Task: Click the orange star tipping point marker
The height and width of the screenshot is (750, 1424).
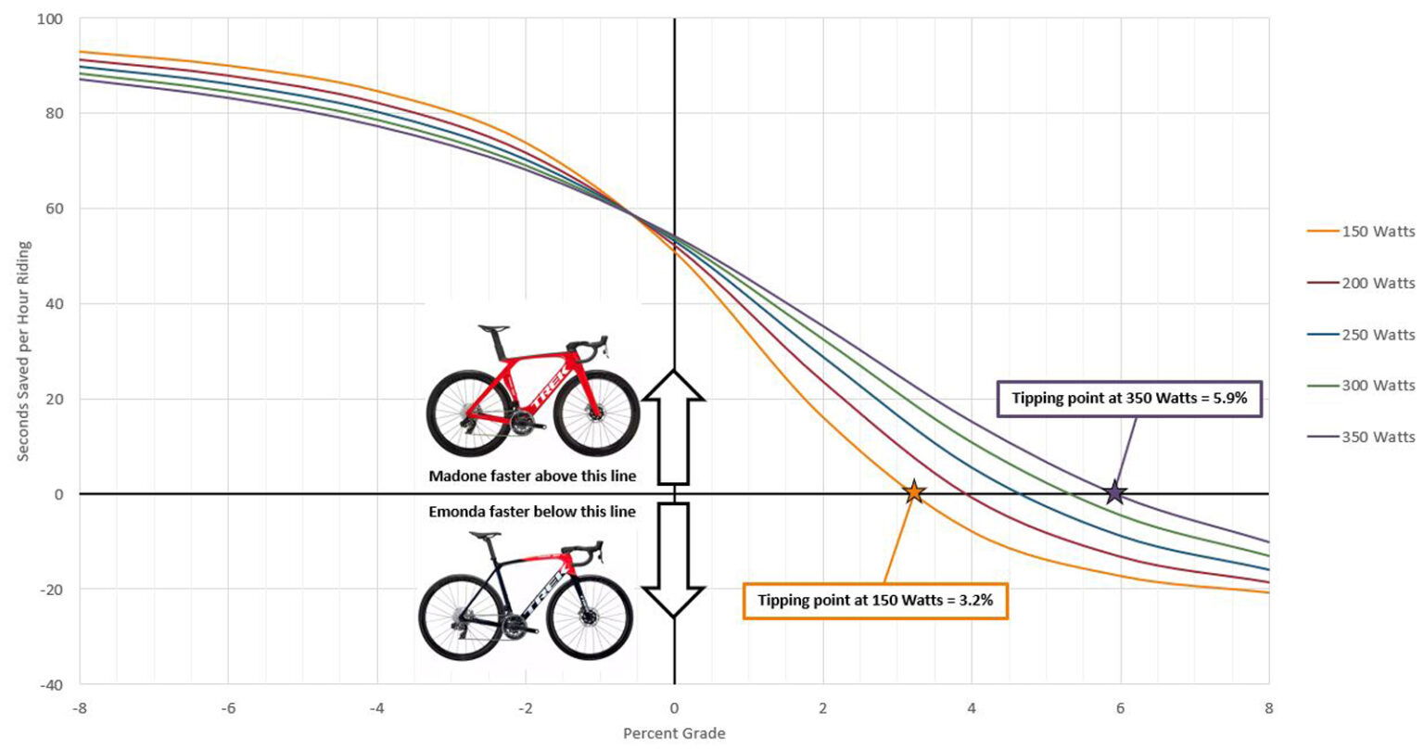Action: (x=913, y=492)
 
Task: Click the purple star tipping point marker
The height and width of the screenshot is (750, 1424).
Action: (x=1115, y=492)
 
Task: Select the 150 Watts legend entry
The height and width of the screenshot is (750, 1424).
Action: (x=1378, y=232)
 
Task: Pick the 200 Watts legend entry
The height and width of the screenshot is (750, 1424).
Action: (x=1378, y=283)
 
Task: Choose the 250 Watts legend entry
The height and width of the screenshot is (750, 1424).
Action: (x=1378, y=334)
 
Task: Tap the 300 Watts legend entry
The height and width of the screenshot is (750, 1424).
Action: (x=1378, y=385)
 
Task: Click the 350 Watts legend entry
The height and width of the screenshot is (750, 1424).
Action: (x=1378, y=436)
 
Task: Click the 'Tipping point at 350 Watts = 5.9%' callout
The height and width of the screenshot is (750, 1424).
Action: (x=1129, y=399)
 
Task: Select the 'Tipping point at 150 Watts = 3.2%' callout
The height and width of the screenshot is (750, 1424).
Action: (x=875, y=600)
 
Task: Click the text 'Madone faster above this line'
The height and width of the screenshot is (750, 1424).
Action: (x=532, y=476)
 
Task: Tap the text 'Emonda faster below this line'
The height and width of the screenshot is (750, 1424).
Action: (x=532, y=512)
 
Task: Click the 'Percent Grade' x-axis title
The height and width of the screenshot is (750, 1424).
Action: (x=674, y=734)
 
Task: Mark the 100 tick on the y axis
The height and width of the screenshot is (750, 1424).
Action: (x=50, y=19)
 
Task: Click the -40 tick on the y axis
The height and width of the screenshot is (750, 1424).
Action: (x=52, y=684)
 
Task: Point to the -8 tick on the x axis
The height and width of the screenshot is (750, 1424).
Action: (x=80, y=708)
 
